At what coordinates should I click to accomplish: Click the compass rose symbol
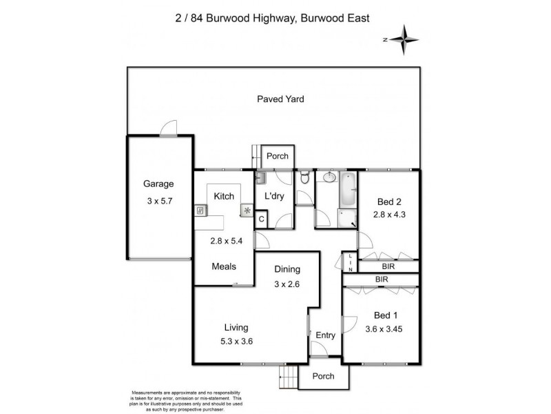407,39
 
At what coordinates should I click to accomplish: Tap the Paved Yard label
280,99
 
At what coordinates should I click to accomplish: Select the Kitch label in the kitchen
225,197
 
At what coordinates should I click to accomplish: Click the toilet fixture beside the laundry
304,178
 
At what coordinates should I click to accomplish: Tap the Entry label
325,336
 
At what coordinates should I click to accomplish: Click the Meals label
225,266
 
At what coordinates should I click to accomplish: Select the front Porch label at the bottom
323,376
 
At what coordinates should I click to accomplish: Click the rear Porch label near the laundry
278,156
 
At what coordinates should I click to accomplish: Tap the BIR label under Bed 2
388,266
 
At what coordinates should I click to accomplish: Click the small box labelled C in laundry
261,219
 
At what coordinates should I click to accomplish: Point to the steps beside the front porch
289,376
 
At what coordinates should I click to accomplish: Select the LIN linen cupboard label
350,263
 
